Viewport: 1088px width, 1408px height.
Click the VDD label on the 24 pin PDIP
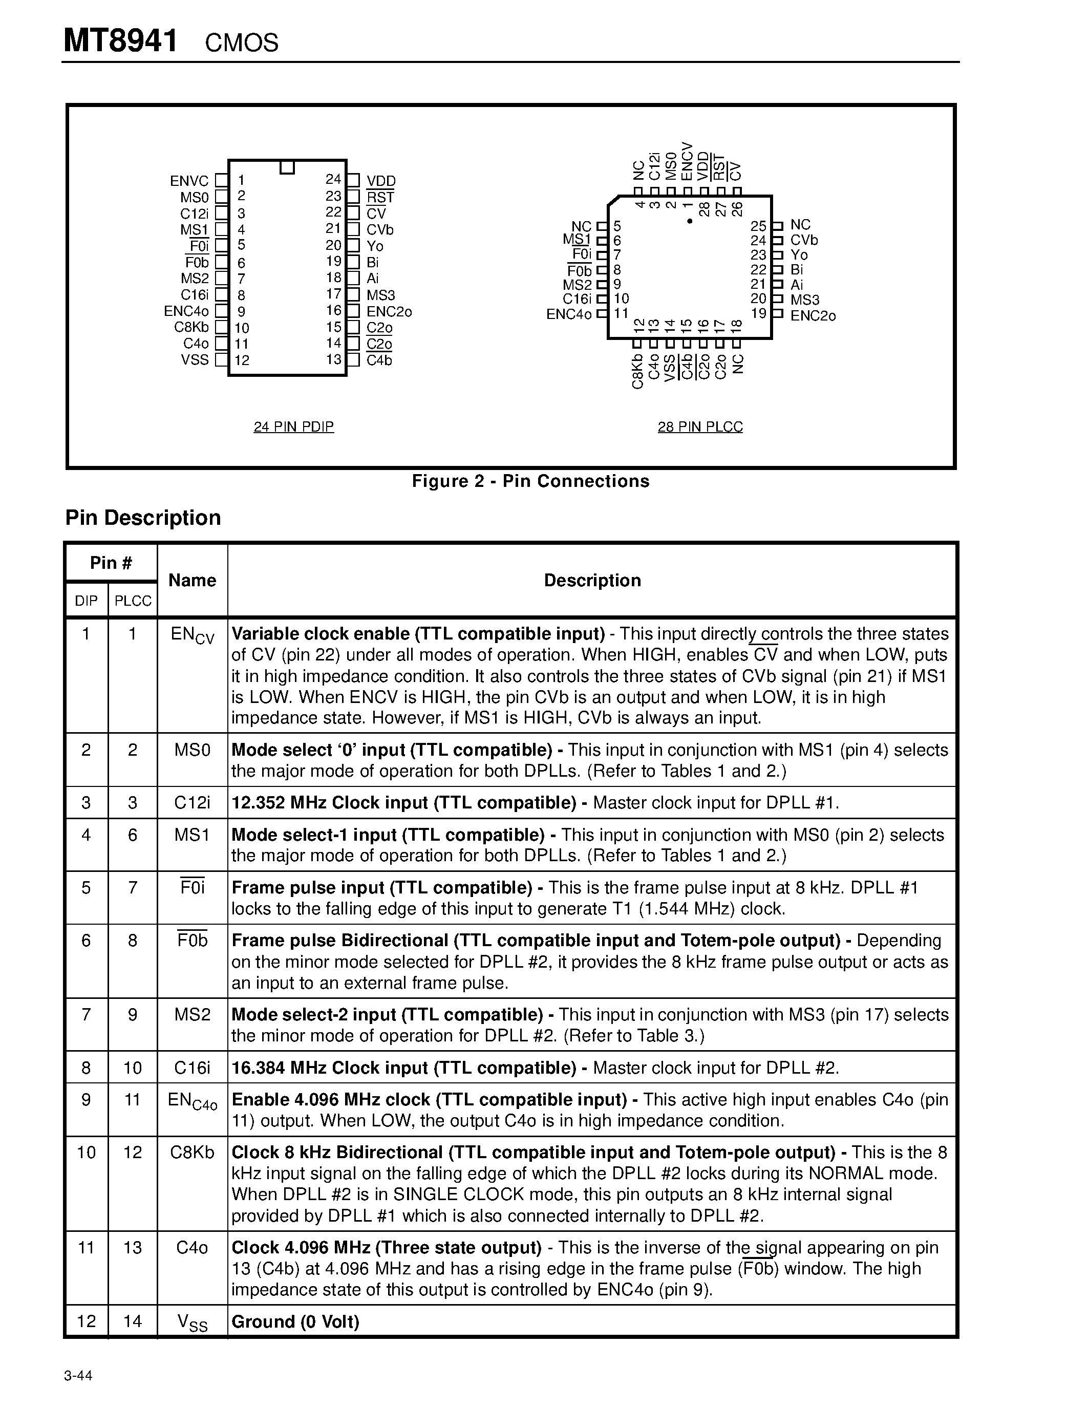tap(380, 181)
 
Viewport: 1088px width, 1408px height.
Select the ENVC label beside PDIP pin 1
tap(189, 181)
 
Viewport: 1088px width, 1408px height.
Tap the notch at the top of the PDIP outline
tap(287, 167)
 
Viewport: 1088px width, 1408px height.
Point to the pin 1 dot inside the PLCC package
tap(690, 221)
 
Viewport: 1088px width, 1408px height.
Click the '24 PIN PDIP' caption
tap(293, 427)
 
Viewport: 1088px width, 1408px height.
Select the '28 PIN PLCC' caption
tap(700, 427)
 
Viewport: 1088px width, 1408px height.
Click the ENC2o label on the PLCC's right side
tap(813, 315)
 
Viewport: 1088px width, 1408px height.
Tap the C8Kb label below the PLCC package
tap(637, 371)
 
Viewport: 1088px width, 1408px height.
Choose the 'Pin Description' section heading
tap(143, 518)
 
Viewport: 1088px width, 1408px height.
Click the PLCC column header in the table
tap(133, 601)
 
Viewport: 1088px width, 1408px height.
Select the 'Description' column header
tap(592, 580)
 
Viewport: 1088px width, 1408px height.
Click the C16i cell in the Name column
tap(192, 1068)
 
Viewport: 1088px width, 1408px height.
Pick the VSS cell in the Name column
tap(192, 1323)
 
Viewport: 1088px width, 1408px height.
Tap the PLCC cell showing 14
tap(133, 1321)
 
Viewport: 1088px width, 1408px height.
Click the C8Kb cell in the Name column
tap(192, 1152)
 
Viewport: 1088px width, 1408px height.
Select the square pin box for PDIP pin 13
tap(353, 360)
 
